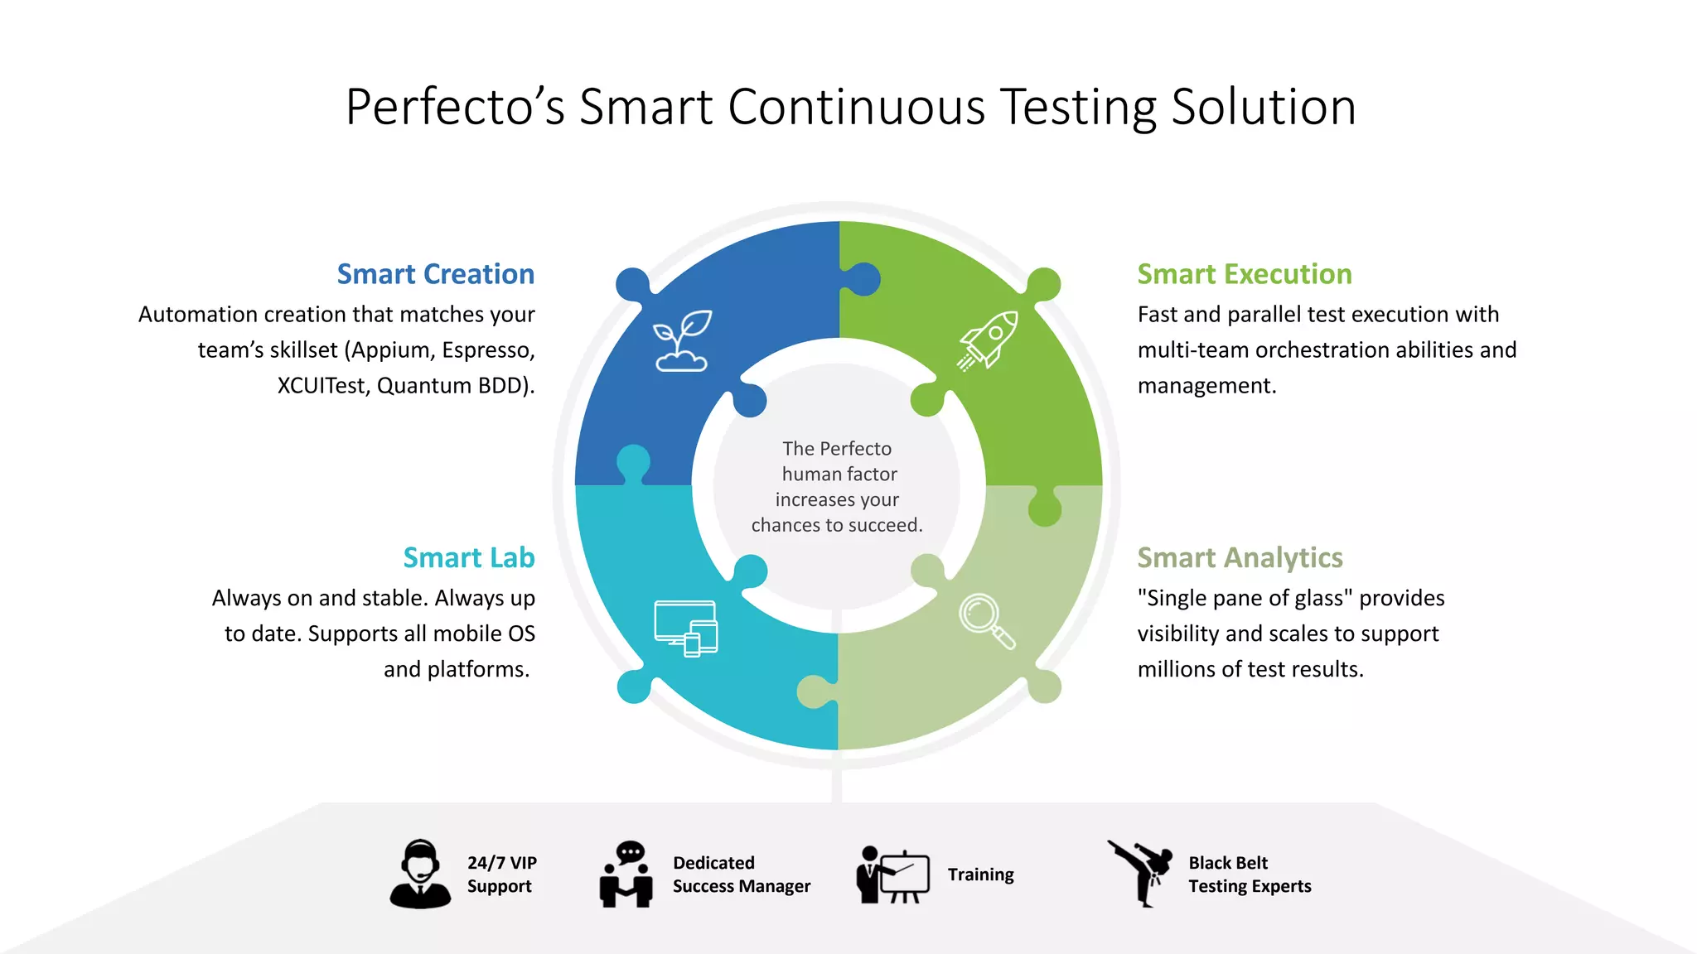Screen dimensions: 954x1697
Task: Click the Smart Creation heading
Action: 435,274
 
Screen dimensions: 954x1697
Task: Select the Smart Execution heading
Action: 1244,274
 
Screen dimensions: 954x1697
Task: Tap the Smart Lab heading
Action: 468,557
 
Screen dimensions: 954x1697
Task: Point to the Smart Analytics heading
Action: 1240,557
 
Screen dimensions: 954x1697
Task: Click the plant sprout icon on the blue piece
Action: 682,340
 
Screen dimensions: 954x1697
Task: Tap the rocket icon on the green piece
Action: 988,340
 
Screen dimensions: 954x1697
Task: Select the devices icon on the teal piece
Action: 686,628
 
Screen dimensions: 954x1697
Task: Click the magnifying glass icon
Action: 986,621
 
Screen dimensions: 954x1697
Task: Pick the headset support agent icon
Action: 420,874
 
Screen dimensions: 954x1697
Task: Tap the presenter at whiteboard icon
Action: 892,874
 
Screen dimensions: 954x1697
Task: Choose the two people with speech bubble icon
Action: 626,874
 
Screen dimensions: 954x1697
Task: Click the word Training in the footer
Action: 980,874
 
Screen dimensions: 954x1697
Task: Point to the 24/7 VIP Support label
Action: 501,874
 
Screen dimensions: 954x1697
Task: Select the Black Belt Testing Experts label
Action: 1250,874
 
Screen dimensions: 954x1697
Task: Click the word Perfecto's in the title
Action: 455,107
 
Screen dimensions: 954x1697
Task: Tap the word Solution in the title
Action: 1263,107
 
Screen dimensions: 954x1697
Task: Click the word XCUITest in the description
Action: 322,386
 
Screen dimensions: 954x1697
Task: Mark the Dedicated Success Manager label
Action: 741,874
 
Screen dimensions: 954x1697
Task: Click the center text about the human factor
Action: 837,486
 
